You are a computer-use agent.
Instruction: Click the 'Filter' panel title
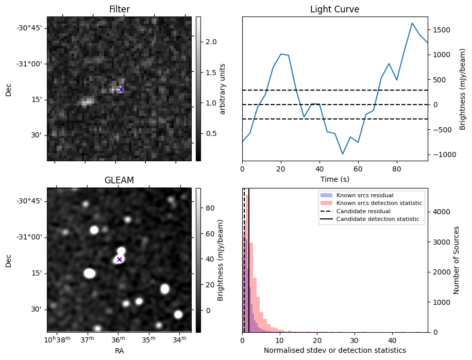pyautogui.click(x=120, y=9)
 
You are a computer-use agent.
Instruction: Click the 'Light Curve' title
pyautogui.click(x=334, y=9)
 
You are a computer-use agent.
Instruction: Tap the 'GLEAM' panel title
pyautogui.click(x=119, y=180)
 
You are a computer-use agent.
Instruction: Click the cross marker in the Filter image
pyautogui.click(x=121, y=89)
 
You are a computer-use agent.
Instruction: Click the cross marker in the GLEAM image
pyautogui.click(x=120, y=260)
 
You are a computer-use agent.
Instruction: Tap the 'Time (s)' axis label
pyautogui.click(x=335, y=179)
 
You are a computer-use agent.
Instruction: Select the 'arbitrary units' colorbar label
pyautogui.click(x=223, y=89)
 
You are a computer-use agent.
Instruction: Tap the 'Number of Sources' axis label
pyautogui.click(x=456, y=260)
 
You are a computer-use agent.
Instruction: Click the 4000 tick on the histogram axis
pyautogui.click(x=440, y=212)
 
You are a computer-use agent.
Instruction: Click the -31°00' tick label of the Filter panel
pyautogui.click(x=30, y=64)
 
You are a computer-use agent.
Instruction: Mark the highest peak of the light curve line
pyautogui.click(x=412, y=23)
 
